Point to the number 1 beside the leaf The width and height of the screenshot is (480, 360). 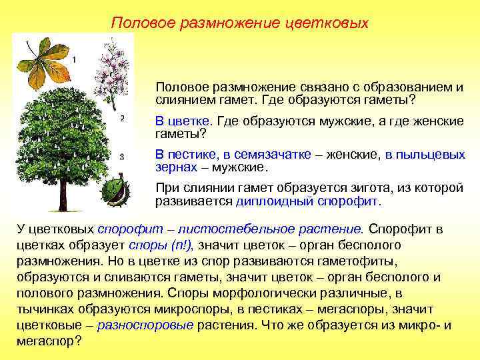point(73,60)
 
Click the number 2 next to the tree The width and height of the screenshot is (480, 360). point(121,119)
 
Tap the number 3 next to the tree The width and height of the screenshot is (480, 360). point(121,156)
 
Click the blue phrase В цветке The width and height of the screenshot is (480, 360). point(183,122)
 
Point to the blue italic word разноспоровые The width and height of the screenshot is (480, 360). point(145,325)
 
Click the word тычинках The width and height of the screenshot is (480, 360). point(43,309)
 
